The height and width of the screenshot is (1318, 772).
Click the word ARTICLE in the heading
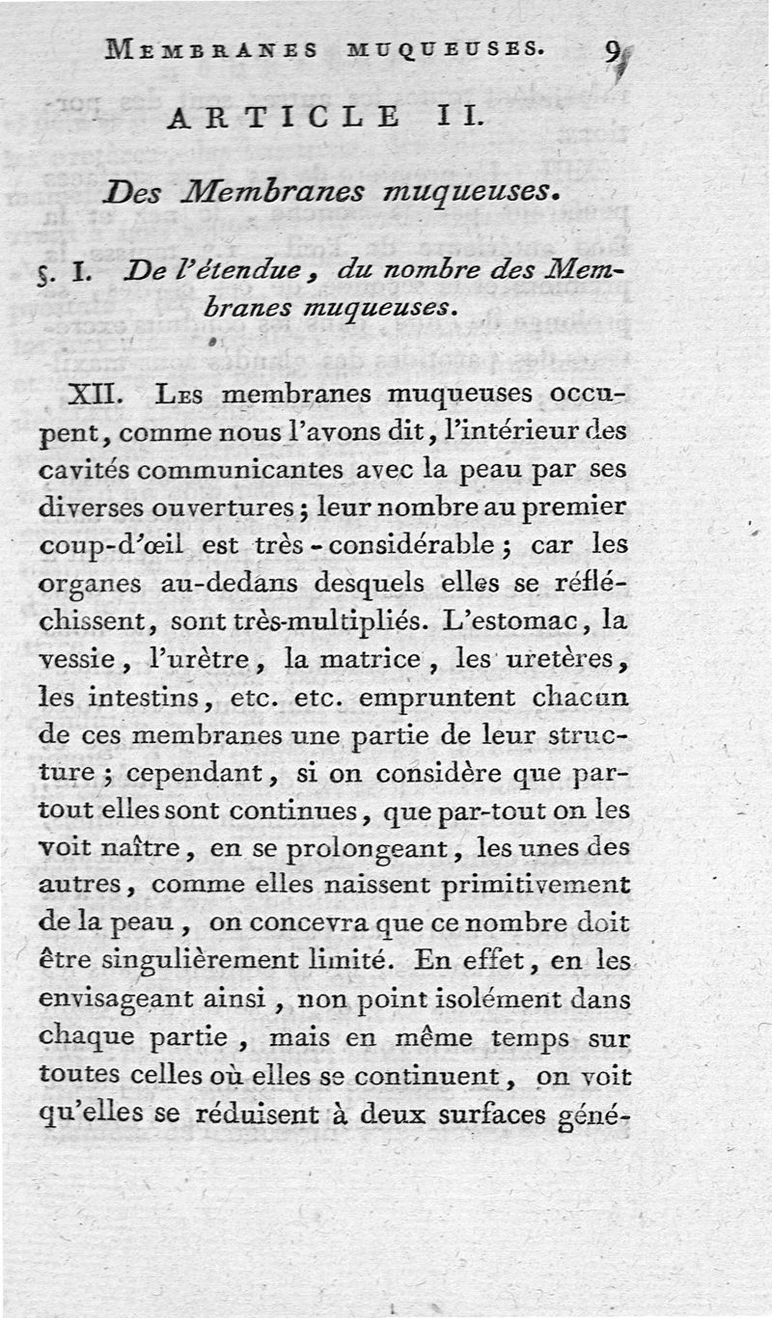pos(284,117)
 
